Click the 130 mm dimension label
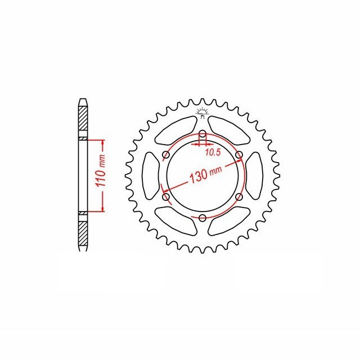pos(205,174)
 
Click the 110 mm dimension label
pos(101,171)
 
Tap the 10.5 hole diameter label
pos(213,152)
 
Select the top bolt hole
pos(202,134)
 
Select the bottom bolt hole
pos(202,218)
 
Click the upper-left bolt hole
pos(166,155)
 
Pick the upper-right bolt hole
pos(239,155)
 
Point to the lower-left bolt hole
pos(166,197)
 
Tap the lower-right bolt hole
pos(239,197)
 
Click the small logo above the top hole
pos(202,113)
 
